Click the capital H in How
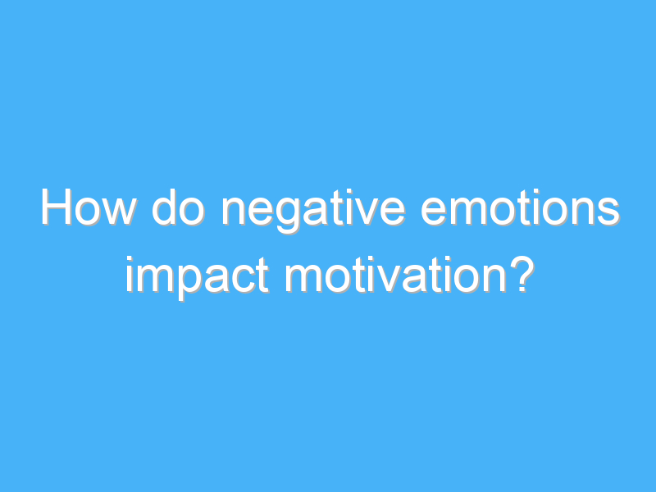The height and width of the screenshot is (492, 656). coord(57,211)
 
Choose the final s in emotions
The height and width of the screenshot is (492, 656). coord(607,215)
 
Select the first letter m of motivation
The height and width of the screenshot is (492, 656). coord(303,277)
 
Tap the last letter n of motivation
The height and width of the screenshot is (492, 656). coord(488,277)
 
